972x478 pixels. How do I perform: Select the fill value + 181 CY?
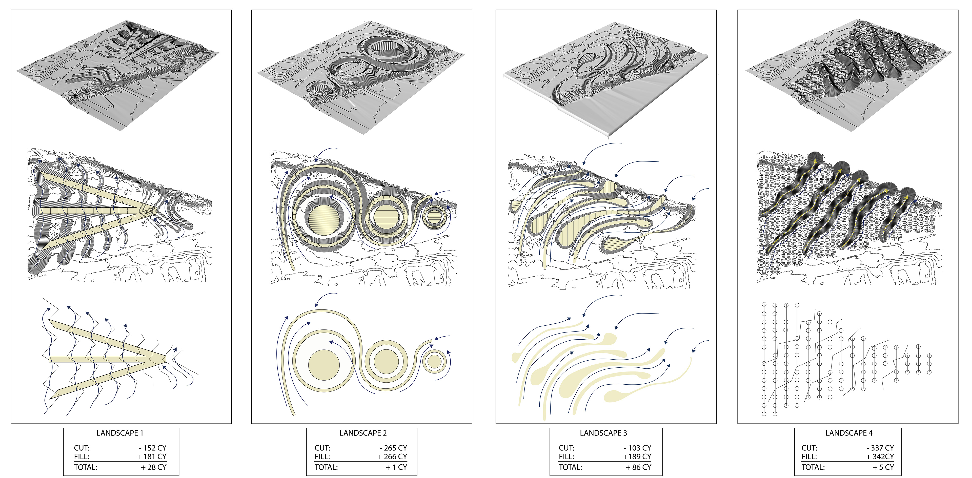click(x=152, y=456)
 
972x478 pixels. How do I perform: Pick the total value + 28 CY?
click(x=154, y=467)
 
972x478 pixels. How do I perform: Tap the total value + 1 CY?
click(x=396, y=467)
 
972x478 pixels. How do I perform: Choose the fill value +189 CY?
click(x=637, y=456)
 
